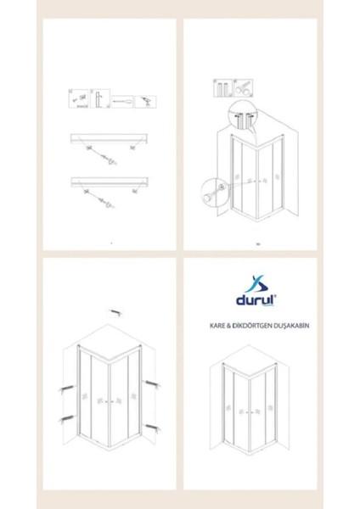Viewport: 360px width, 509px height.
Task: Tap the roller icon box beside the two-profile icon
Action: point(241,89)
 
